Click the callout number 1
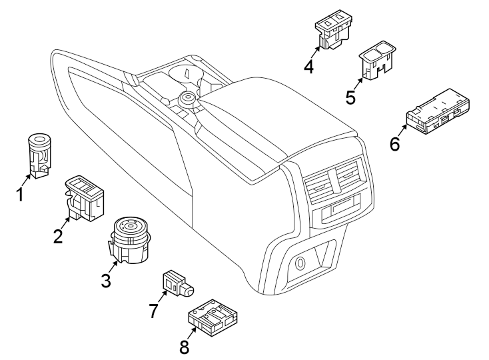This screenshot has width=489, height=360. (20, 195)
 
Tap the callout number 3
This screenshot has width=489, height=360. (106, 281)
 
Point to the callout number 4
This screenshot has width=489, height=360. (308, 67)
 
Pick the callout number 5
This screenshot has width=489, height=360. (350, 97)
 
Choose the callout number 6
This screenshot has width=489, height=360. (395, 143)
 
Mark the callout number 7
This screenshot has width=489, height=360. (154, 311)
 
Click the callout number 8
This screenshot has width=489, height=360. (184, 347)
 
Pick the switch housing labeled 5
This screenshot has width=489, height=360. (377, 60)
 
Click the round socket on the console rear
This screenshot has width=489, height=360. (300, 262)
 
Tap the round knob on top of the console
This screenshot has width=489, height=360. (187, 99)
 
